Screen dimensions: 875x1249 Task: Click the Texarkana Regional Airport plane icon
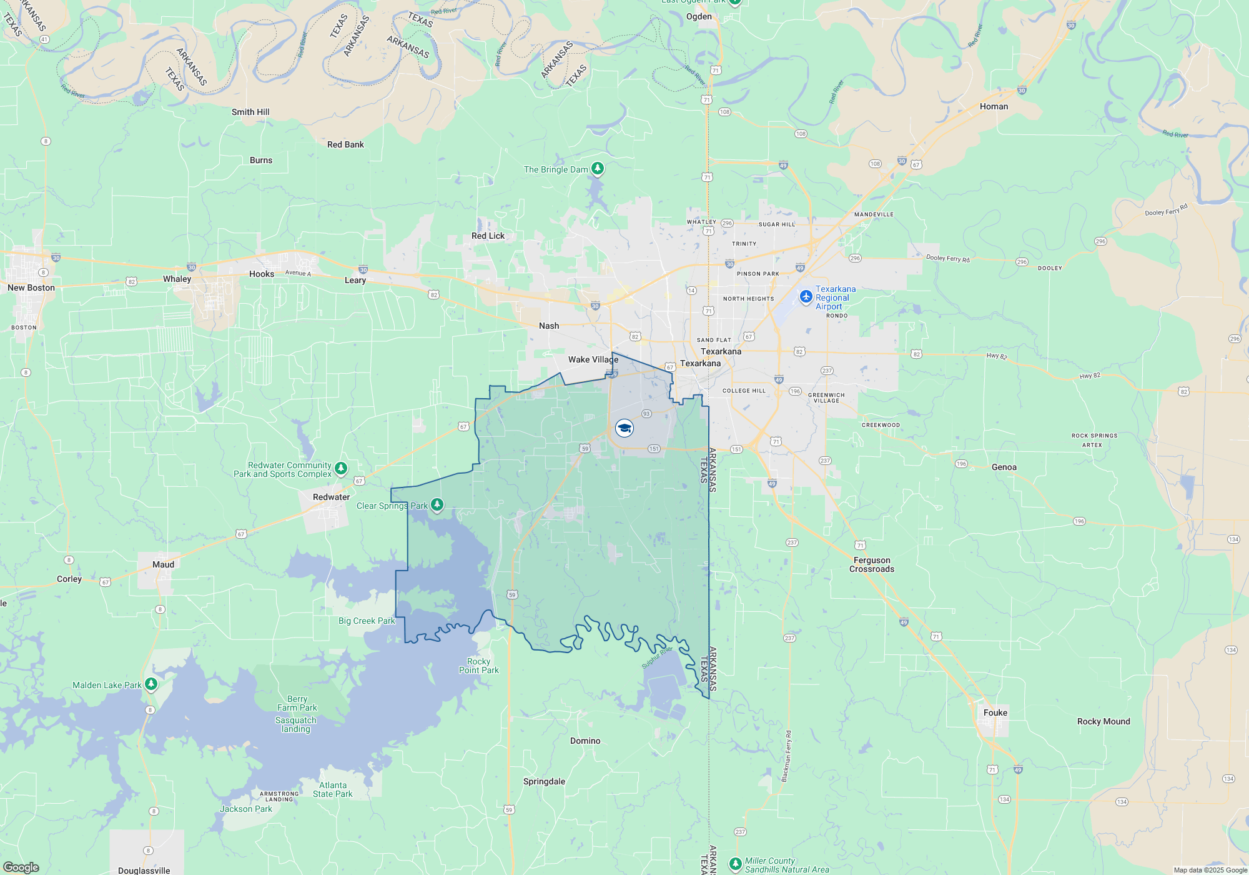point(806,296)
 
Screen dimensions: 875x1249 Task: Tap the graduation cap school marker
point(624,428)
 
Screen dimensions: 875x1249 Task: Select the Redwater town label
point(331,497)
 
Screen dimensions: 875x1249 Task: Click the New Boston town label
point(31,287)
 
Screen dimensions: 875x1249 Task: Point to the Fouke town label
point(995,712)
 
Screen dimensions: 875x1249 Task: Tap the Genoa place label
point(1004,467)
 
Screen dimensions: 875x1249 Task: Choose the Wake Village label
point(593,359)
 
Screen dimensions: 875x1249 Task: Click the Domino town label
point(585,741)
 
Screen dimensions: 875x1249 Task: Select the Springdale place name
point(544,781)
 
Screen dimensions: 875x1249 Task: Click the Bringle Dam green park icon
point(598,168)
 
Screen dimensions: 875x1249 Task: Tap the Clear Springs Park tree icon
point(437,504)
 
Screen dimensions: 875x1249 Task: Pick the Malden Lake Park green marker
point(151,684)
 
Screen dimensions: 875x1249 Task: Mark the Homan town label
point(994,106)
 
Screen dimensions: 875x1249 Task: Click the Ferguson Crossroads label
point(872,564)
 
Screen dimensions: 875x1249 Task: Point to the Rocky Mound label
point(1103,721)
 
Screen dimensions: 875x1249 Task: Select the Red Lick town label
point(488,236)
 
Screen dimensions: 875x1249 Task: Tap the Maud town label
point(163,564)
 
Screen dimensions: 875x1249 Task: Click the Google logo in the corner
point(21,867)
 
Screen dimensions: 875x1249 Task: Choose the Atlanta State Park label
point(333,789)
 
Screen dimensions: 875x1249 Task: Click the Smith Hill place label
point(250,112)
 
